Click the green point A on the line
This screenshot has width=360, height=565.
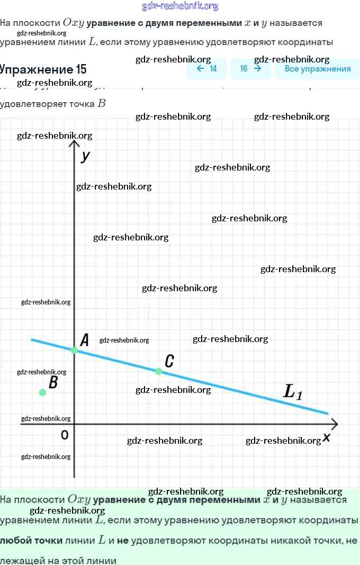point(74,350)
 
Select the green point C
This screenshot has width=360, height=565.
point(158,371)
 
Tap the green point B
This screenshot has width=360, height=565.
point(42,392)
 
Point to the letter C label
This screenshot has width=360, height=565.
point(169,361)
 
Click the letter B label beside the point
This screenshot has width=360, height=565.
point(53,382)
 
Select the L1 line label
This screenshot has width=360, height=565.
point(293,392)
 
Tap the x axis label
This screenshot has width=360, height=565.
point(327,437)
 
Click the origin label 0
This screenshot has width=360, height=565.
point(65,435)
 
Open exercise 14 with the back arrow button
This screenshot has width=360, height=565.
point(206,69)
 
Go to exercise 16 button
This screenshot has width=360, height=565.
point(250,69)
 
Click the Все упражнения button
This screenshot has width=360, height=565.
point(318,69)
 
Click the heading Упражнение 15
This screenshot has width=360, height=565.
point(42,69)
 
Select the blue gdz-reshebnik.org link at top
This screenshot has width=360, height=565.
point(180,6)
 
